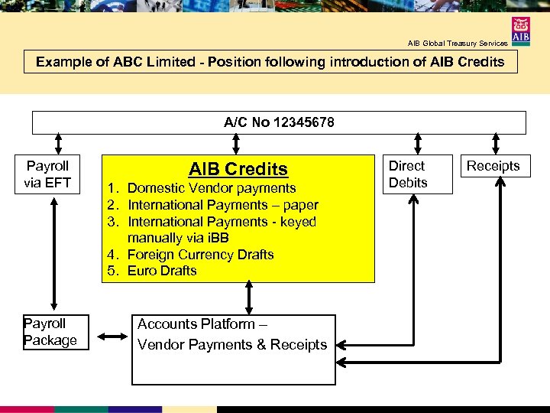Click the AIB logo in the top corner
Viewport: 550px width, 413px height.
[x=522, y=31]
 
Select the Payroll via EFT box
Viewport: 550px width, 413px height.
[x=47, y=174]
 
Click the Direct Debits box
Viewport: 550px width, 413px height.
[x=416, y=174]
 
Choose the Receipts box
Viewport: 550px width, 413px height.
[x=493, y=166]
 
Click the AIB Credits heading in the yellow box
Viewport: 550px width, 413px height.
[x=238, y=169]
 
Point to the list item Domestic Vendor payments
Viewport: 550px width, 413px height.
[x=212, y=188]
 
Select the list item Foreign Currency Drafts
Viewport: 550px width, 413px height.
[x=200, y=255]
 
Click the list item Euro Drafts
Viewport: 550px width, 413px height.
[x=162, y=271]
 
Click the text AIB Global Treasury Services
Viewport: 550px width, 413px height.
[x=457, y=44]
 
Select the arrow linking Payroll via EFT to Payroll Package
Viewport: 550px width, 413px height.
[x=53, y=253]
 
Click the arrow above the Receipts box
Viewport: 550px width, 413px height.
[x=496, y=144]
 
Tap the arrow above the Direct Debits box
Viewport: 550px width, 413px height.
[x=417, y=144]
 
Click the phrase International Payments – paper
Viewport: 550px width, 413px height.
[x=222, y=205]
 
